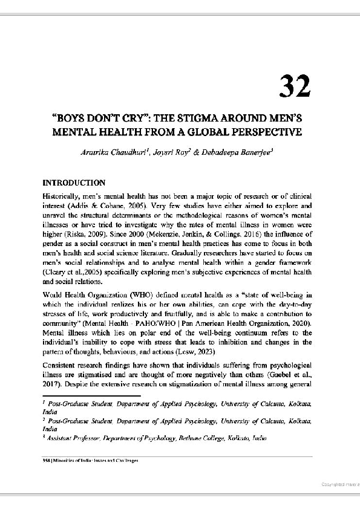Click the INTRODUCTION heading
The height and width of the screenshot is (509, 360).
(x=74, y=183)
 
